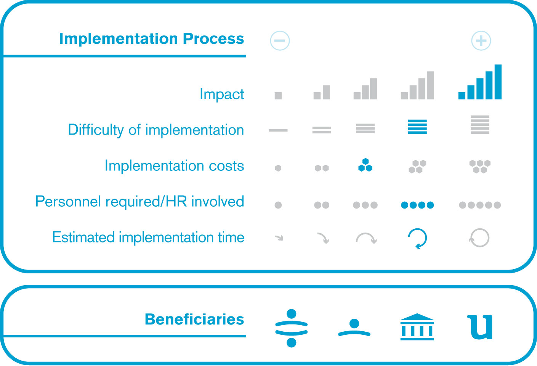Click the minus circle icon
(x=280, y=40)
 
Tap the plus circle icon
(x=481, y=40)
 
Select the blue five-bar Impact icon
(x=480, y=82)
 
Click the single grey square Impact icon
(x=278, y=96)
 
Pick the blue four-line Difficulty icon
(x=417, y=127)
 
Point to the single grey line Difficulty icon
(x=278, y=130)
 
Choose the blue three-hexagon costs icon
(x=365, y=165)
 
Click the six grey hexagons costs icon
(x=480, y=167)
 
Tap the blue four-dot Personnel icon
(x=417, y=205)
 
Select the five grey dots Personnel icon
(x=480, y=205)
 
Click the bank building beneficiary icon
(x=417, y=327)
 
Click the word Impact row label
(x=222, y=94)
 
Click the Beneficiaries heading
(x=194, y=319)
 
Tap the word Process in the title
(x=213, y=39)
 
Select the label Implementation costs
(x=175, y=165)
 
